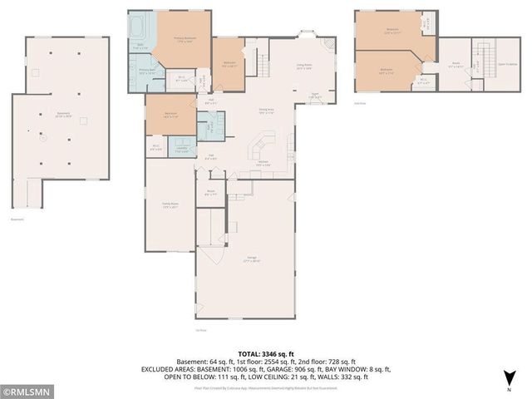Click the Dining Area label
(x=265, y=111)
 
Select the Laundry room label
(x=183, y=150)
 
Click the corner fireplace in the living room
(x=332, y=45)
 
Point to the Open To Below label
(x=507, y=65)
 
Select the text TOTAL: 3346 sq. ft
(x=266, y=353)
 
